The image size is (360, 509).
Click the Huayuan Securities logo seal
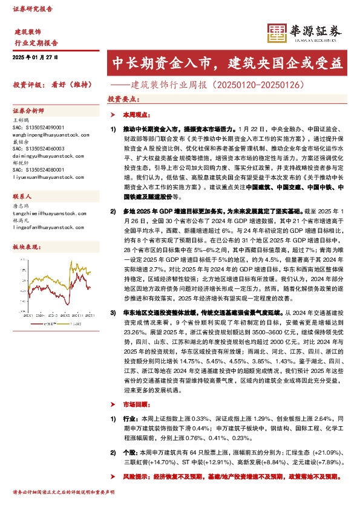click(276, 34)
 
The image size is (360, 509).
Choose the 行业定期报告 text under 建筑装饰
click(36, 42)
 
